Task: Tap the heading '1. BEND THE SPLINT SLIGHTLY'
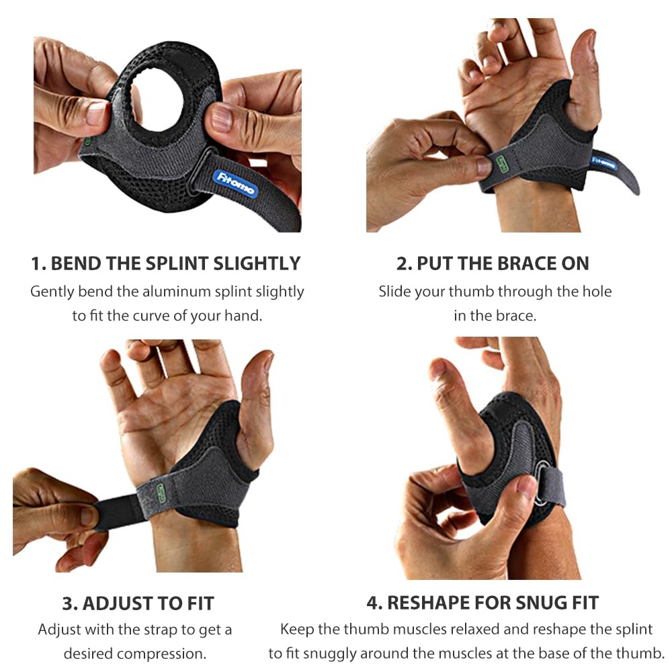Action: (x=166, y=263)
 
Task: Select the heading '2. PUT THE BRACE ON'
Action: (x=493, y=263)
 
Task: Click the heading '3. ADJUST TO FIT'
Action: (x=138, y=603)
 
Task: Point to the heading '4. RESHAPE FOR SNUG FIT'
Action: (x=482, y=603)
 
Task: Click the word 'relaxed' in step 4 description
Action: (x=476, y=629)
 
